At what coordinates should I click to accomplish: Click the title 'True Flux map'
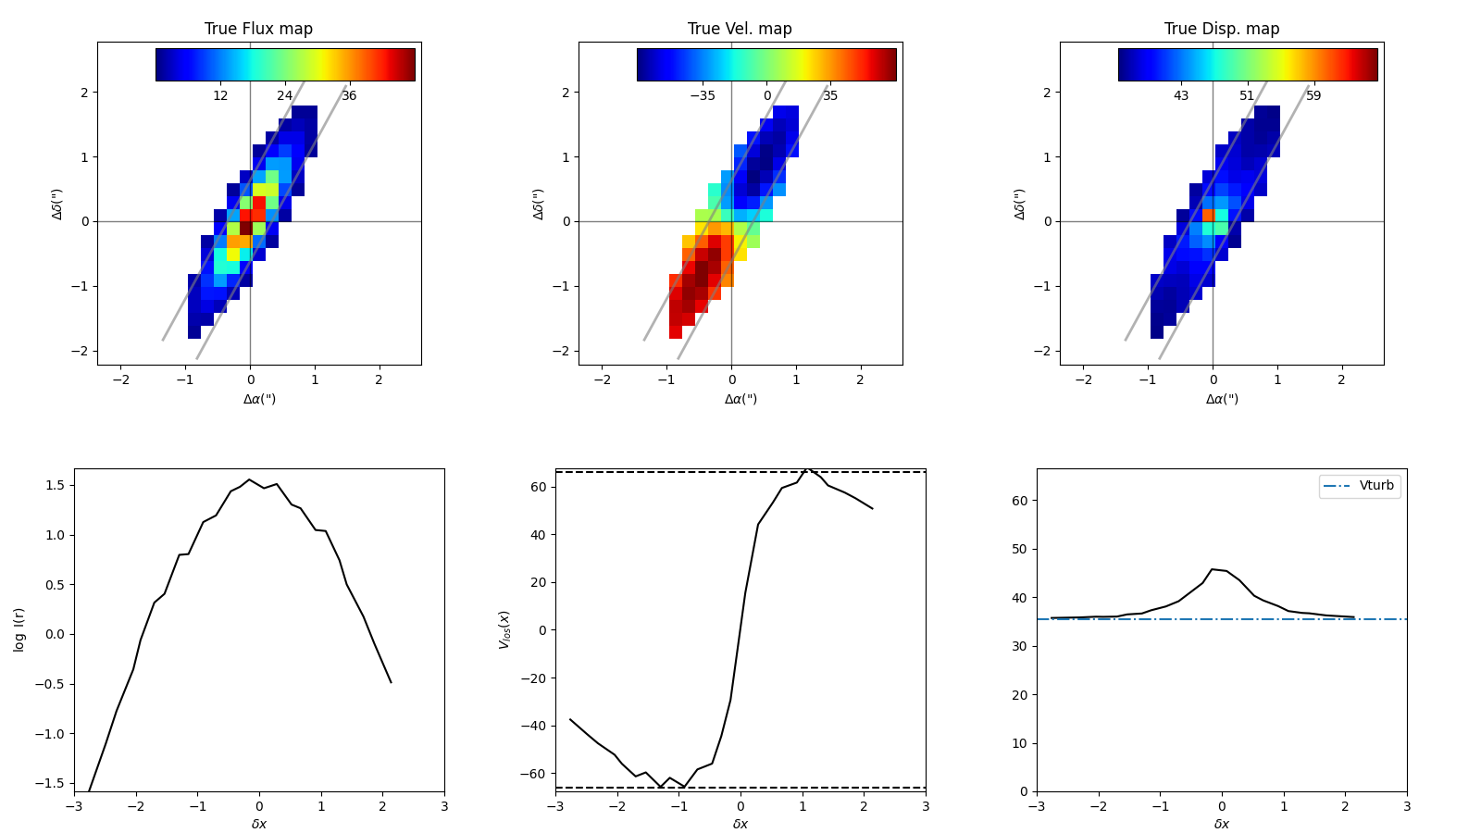258,29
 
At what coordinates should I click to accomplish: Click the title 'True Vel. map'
740,29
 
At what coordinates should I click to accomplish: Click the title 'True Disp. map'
1222,29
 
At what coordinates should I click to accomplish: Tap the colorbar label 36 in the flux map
349,95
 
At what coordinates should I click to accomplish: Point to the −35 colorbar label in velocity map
703,95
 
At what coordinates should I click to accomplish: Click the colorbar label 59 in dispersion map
1313,95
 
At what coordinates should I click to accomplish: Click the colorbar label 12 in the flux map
220,95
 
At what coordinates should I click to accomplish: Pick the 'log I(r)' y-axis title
19,629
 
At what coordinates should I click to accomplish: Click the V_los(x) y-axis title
504,629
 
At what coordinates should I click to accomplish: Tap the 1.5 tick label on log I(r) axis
55,485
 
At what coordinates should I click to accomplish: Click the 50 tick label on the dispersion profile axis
1019,549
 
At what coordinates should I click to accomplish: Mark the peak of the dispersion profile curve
1212,569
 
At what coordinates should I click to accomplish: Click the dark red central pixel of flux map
246,228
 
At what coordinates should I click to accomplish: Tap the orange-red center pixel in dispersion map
1209,215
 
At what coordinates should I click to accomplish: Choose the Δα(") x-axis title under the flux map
259,399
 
